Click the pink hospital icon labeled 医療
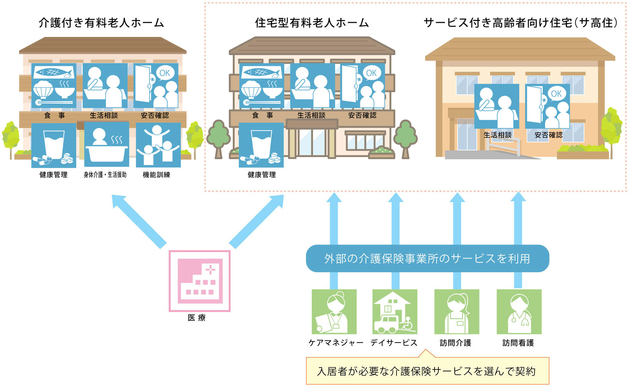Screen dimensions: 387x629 (x=200, y=281)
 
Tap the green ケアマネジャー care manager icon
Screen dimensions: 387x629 (x=334, y=311)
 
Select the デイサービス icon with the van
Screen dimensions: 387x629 (x=395, y=311)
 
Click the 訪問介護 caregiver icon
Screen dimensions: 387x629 (x=457, y=311)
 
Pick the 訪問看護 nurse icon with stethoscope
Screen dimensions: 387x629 (x=519, y=311)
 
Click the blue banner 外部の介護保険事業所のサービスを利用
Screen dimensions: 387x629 (x=427, y=259)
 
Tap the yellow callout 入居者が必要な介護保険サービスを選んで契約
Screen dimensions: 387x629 (x=427, y=371)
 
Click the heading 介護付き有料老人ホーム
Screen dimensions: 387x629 (x=101, y=23)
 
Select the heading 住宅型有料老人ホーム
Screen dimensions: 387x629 (x=312, y=23)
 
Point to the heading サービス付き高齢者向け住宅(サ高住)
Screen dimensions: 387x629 (x=521, y=23)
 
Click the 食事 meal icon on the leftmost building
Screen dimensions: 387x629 (x=54, y=86)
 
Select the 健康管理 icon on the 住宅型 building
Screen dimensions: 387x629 (x=261, y=145)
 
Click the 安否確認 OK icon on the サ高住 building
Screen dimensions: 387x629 (x=547, y=106)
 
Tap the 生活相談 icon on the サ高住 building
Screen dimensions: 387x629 (x=497, y=106)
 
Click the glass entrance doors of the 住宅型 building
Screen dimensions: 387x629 (x=312, y=143)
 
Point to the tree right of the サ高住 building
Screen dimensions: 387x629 (x=611, y=127)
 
